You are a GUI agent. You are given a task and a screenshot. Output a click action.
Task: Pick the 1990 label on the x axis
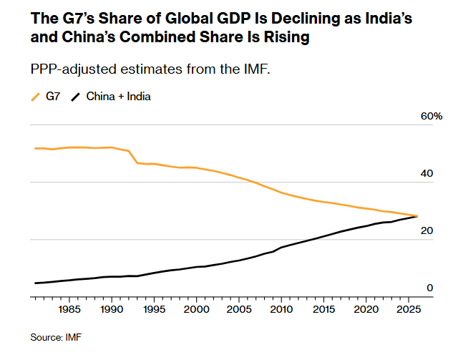[x=111, y=310]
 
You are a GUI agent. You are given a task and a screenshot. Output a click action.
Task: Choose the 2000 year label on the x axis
[x=195, y=310]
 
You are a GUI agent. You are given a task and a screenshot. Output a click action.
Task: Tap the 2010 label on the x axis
[x=280, y=310]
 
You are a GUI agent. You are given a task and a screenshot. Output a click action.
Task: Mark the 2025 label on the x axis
[x=406, y=310]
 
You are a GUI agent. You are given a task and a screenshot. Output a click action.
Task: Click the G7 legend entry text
[x=53, y=96]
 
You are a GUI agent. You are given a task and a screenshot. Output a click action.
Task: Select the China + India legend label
[x=118, y=96]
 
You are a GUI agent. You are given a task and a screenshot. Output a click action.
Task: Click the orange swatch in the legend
[x=35, y=96]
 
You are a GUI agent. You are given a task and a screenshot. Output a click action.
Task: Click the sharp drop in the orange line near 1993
[x=134, y=157]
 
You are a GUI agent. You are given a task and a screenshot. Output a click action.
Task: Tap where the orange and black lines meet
[x=417, y=216]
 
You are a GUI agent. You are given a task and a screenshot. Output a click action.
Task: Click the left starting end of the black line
[x=35, y=283]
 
